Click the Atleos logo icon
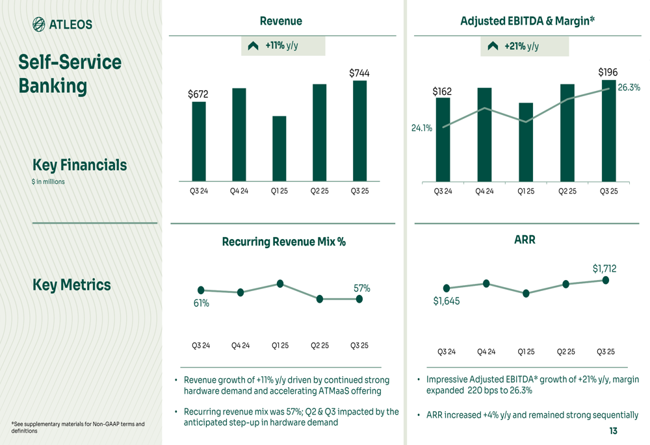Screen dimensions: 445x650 (40, 25)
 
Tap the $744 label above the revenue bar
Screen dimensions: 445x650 (359, 73)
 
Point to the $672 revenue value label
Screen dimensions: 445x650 (198, 95)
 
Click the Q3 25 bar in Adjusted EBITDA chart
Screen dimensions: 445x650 (608, 131)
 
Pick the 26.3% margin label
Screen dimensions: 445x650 (629, 88)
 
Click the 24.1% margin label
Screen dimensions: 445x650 (421, 128)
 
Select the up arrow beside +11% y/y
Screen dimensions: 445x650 (253, 46)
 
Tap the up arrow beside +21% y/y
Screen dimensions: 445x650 (493, 46)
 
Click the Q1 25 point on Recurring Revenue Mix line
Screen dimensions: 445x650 (280, 283)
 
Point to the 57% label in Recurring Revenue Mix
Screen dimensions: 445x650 (361, 288)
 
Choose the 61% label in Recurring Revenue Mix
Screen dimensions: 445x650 (201, 303)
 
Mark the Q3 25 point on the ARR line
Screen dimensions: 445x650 (606, 280)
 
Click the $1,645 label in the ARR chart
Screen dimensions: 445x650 (446, 301)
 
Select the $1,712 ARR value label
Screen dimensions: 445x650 (604, 268)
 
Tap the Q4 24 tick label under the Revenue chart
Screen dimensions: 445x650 (239, 191)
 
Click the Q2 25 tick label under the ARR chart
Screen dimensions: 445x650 (565, 351)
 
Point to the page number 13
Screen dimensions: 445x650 (613, 431)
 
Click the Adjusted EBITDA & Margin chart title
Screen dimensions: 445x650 (527, 21)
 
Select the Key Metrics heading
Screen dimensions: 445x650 (71, 285)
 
